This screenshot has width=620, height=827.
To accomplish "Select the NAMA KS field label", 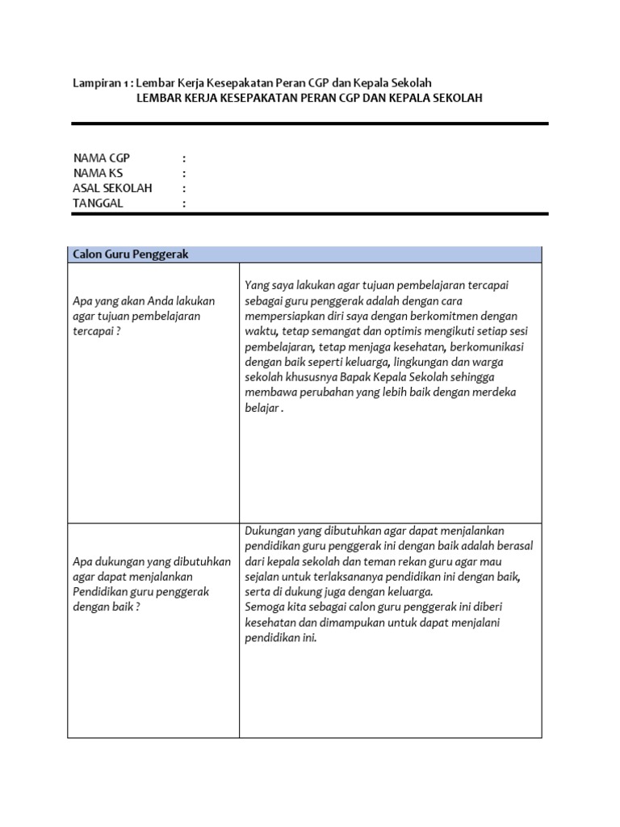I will pos(98,172).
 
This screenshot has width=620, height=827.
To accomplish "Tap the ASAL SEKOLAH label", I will pos(112,188).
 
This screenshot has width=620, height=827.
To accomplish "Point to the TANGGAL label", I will pos(98,204).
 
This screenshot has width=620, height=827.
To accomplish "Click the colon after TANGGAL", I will pos(184,204).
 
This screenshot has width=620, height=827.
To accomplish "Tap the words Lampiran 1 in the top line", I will pos(101,83).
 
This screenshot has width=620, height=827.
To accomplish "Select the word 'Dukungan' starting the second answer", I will pos(270,531).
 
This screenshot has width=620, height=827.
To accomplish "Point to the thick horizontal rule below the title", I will pos(310,124).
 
